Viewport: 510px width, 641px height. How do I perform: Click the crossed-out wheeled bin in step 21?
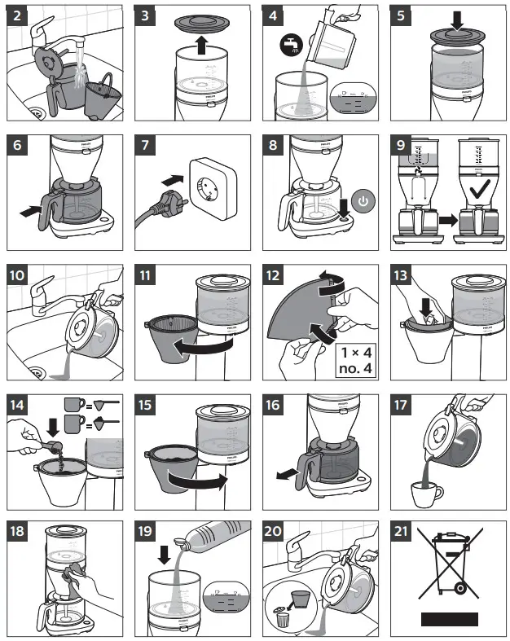pyautogui.click(x=446, y=567)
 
